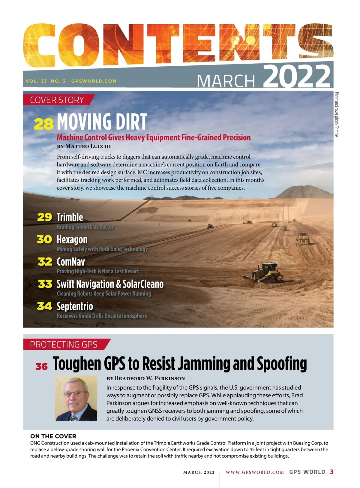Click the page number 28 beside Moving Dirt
click(43, 124)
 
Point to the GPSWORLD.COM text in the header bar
click(94, 81)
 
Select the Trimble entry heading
click(70, 217)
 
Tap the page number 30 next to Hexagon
click(44, 239)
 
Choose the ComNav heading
click(71, 262)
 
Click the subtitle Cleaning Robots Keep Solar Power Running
click(104, 294)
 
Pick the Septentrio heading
click(75, 306)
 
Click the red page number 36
click(41, 367)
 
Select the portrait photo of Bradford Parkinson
click(76, 398)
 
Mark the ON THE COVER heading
click(53, 436)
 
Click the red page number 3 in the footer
click(331, 472)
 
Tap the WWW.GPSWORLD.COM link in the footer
click(255, 472)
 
